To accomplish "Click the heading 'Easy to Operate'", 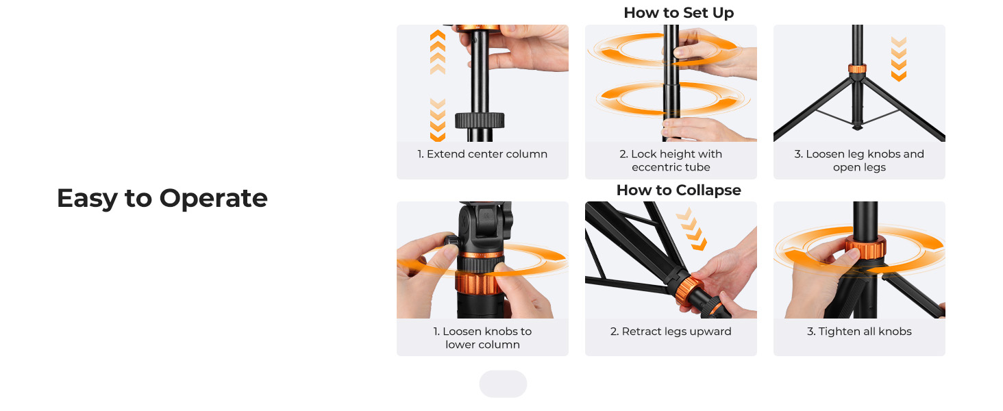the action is pyautogui.click(x=162, y=198).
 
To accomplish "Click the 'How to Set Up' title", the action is pyautogui.click(x=679, y=12).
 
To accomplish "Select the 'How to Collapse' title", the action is pyautogui.click(x=679, y=190).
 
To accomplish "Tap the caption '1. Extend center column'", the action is pyautogui.click(x=482, y=154).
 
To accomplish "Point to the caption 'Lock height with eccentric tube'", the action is pyautogui.click(x=671, y=160).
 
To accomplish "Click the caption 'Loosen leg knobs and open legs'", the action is pyautogui.click(x=859, y=160).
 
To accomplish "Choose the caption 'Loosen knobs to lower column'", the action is pyautogui.click(x=482, y=338).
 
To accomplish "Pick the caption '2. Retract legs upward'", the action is pyautogui.click(x=671, y=332).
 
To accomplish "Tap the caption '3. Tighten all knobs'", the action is pyautogui.click(x=859, y=332).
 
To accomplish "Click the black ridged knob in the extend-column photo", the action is pyautogui.click(x=480, y=121).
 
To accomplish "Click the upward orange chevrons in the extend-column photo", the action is pyautogui.click(x=438, y=52).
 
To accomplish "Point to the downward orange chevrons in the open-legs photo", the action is pyautogui.click(x=899, y=59).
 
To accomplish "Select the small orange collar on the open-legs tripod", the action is pyautogui.click(x=857, y=68).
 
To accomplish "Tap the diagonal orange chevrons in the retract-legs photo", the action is pyautogui.click(x=692, y=228).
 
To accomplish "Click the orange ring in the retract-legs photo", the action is pyautogui.click(x=689, y=291).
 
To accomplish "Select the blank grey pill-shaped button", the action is pyautogui.click(x=503, y=384).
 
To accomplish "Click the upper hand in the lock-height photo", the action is pyautogui.click(x=713, y=53).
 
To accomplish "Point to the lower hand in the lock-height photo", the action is pyautogui.click(x=708, y=130).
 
